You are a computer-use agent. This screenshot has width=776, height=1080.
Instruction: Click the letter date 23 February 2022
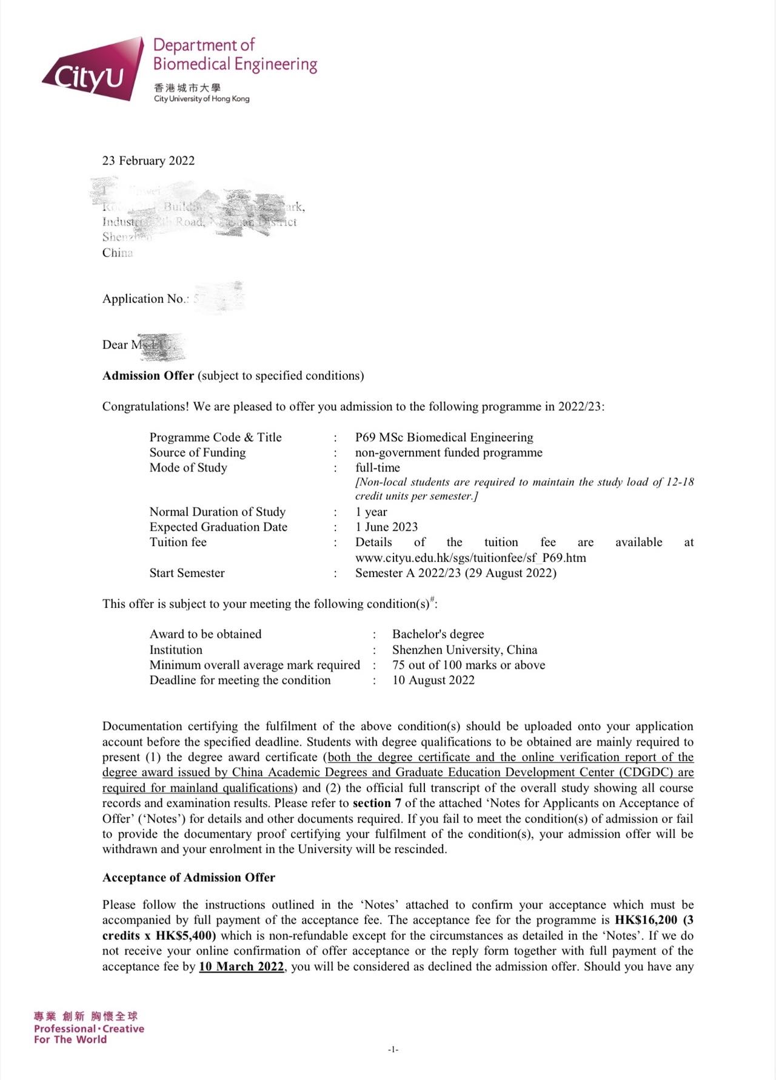click(x=149, y=161)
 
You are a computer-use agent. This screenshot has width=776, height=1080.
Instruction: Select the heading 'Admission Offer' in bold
click(x=148, y=376)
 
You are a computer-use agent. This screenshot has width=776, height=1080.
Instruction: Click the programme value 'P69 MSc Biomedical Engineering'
click(x=444, y=437)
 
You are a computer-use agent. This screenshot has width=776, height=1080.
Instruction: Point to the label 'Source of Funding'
click(x=198, y=453)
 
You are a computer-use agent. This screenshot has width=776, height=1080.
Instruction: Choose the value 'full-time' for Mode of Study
click(x=378, y=468)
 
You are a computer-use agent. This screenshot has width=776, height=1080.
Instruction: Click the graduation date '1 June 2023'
click(x=387, y=527)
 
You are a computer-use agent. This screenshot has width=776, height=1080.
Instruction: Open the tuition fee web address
click(x=470, y=558)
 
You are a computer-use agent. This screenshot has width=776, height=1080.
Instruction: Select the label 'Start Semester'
click(x=187, y=573)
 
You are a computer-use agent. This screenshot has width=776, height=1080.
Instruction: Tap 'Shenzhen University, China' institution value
click(x=464, y=650)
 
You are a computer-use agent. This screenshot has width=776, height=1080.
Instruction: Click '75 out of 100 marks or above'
click(x=469, y=665)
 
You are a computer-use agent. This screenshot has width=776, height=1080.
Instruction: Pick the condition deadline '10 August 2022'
click(x=433, y=680)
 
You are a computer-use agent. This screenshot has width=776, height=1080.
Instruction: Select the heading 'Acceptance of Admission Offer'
click(x=189, y=878)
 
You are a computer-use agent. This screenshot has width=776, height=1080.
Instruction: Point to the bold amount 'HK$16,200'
click(x=646, y=920)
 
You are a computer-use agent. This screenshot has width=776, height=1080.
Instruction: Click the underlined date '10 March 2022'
click(x=241, y=967)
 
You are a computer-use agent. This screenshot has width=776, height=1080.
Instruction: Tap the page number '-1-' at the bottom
click(x=393, y=1049)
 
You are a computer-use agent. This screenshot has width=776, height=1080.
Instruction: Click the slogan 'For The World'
click(x=70, y=1039)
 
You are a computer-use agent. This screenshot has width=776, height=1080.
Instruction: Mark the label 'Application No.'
click(x=144, y=299)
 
